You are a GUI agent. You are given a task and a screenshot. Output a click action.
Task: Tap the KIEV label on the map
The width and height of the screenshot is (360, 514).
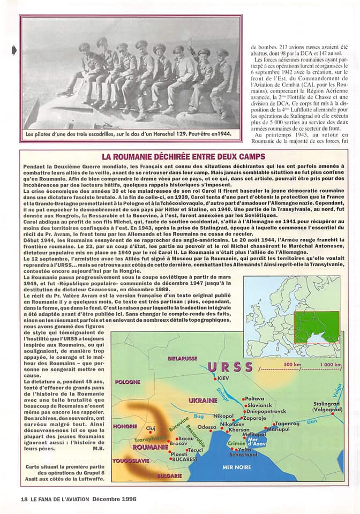pyautogui.click(x=224, y=379)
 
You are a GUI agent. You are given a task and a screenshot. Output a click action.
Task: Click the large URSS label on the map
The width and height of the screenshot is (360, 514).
pyautogui.click(x=230, y=367)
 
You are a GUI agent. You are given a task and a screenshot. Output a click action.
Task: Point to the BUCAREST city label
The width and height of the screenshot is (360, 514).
pyautogui.click(x=185, y=459)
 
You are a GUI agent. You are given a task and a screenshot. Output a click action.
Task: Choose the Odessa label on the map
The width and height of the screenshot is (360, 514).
pyautogui.click(x=207, y=427)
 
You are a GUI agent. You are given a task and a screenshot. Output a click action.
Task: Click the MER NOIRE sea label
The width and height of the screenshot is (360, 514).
pyautogui.click(x=229, y=467)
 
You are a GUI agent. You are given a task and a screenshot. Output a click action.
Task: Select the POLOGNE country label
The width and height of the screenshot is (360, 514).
pyautogui.click(x=127, y=382)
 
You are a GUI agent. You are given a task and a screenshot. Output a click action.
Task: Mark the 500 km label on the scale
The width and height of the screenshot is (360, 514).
pyautogui.click(x=293, y=365)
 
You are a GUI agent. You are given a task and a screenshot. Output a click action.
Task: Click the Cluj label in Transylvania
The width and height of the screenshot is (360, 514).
pyautogui.click(x=151, y=428)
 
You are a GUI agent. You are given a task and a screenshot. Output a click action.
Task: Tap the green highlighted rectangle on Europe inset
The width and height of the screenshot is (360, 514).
pyautogui.click(x=316, y=327)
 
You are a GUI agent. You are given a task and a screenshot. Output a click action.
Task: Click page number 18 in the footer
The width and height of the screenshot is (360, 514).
pyautogui.click(x=24, y=499)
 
